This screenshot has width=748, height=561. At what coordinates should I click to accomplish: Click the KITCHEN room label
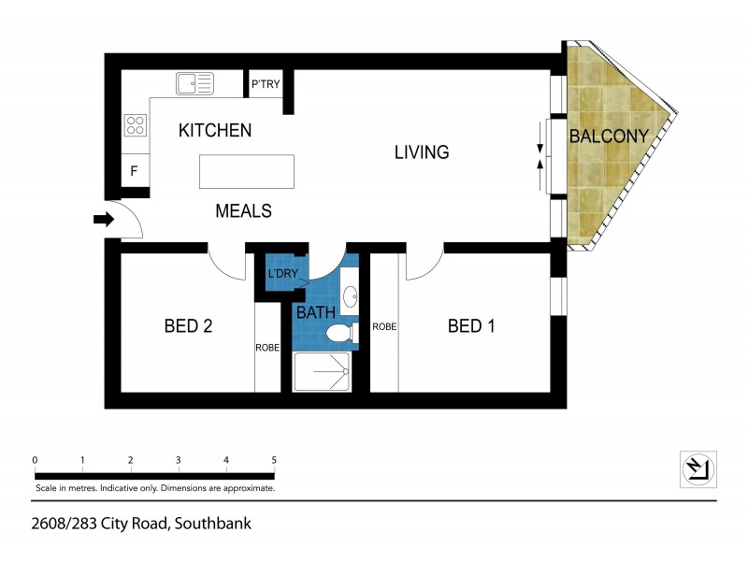(x=215, y=131)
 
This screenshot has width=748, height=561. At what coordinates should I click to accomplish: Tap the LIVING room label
(x=421, y=152)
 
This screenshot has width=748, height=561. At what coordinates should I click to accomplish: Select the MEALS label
(x=243, y=211)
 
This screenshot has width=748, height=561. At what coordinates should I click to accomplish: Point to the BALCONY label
(x=609, y=137)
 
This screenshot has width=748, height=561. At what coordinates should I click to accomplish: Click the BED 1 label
(x=471, y=326)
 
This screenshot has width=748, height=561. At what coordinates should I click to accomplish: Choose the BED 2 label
(x=188, y=326)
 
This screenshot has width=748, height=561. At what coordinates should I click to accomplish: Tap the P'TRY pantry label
(x=266, y=85)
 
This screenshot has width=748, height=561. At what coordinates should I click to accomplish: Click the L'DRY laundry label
(x=281, y=275)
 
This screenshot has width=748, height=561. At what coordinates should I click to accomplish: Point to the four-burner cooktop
(x=136, y=124)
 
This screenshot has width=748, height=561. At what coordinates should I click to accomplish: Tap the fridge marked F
(x=135, y=172)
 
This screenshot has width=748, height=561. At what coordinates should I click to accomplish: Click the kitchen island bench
(x=246, y=173)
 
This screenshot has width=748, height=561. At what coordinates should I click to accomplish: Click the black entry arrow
(x=103, y=221)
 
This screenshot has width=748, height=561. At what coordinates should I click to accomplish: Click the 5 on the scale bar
(x=273, y=460)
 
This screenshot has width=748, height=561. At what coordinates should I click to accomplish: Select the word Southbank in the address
(x=211, y=524)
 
